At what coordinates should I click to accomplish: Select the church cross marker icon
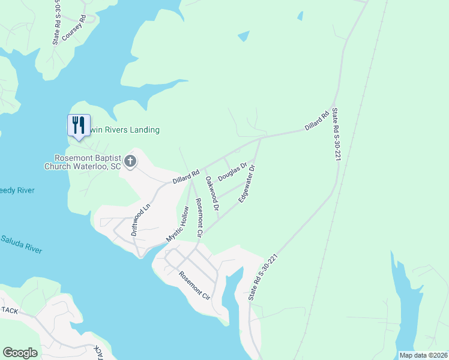pos(130,161)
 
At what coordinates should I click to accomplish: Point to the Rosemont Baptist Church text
pos(88,162)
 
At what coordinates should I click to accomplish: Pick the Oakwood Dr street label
pos(212,193)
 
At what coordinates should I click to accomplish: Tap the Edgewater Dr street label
pos(247,184)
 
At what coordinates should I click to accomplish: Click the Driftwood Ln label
pos(140,218)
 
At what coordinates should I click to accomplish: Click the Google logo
pos(20,352)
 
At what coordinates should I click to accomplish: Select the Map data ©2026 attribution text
pos(423,355)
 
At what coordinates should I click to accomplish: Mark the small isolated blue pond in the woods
pos(243,36)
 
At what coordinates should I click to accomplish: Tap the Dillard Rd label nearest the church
pos(185,176)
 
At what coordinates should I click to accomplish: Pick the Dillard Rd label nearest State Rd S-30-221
pos(317,119)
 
